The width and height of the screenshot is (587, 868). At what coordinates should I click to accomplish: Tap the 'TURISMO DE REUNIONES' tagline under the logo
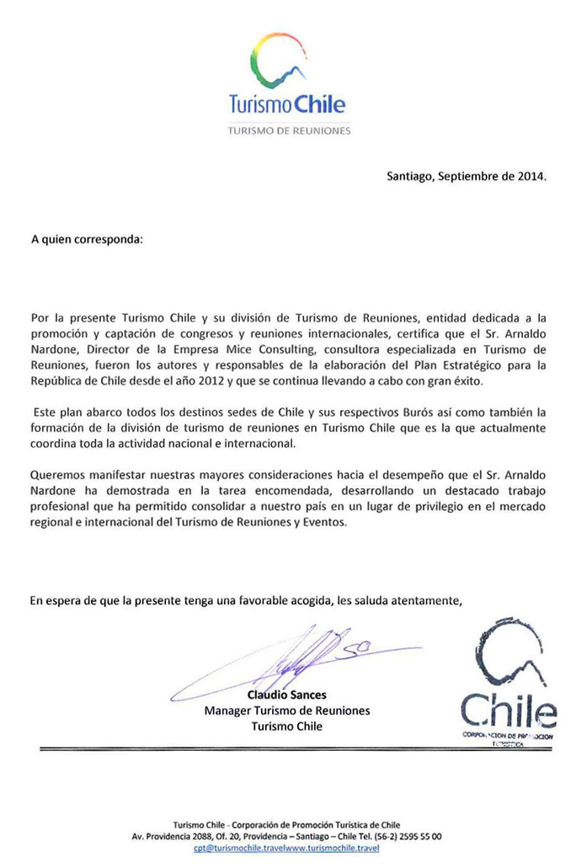click(x=289, y=130)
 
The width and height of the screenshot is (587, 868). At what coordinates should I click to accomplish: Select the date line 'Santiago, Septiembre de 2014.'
click(x=467, y=177)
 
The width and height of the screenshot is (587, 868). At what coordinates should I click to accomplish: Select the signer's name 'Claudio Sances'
click(x=287, y=695)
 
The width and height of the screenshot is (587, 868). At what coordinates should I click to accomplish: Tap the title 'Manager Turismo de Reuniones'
click(x=287, y=711)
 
